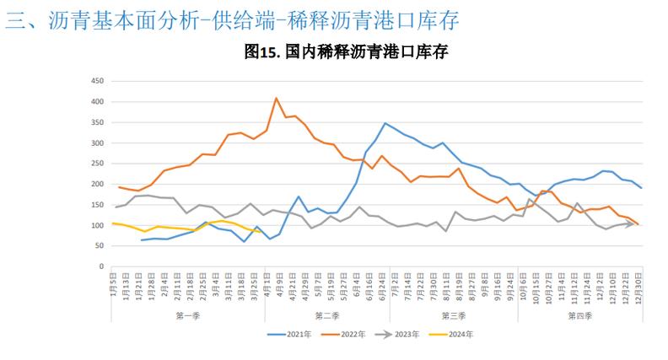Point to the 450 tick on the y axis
tap(96, 81)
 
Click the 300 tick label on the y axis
tap(96, 143)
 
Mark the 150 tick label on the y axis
tap(96, 205)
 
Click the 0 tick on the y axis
tap(100, 266)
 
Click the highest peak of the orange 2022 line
tap(277, 98)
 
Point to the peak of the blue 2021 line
tap(385, 123)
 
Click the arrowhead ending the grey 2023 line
tap(631, 224)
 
